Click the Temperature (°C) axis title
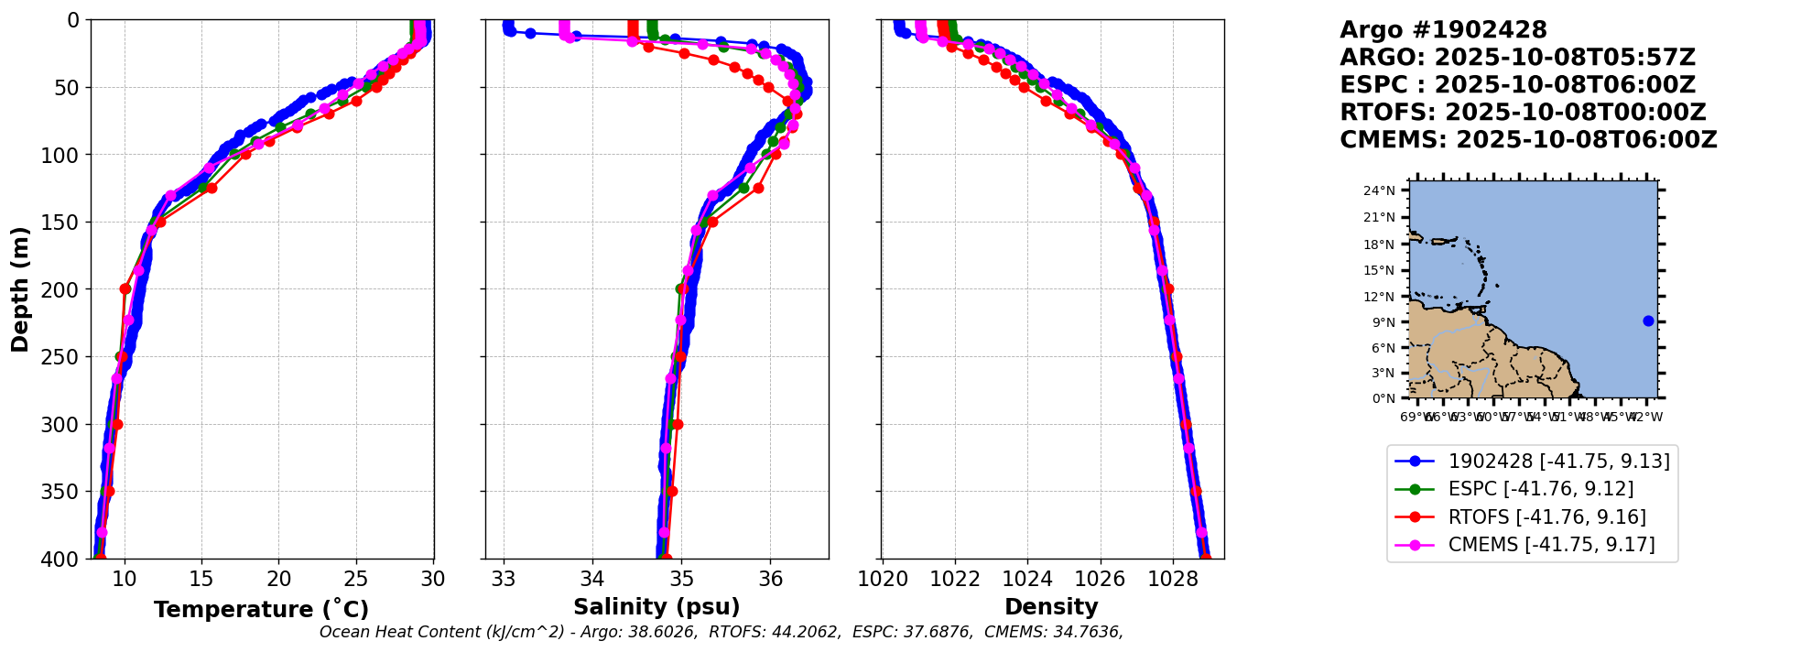pyautogui.click(x=261, y=610)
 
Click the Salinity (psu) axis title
pyautogui.click(x=656, y=607)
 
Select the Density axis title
pyautogui.click(x=1051, y=607)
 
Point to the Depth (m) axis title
pyautogui.click(x=20, y=289)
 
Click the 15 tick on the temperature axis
pyautogui.click(x=201, y=579)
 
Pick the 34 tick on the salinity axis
pyautogui.click(x=592, y=579)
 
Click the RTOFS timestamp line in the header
pyautogui.click(x=1523, y=113)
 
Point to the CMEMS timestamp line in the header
pyautogui.click(x=1528, y=140)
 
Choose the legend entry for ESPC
pyautogui.click(x=1540, y=489)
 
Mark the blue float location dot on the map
pyautogui.click(x=1648, y=321)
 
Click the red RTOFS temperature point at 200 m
pyautogui.click(x=125, y=289)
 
